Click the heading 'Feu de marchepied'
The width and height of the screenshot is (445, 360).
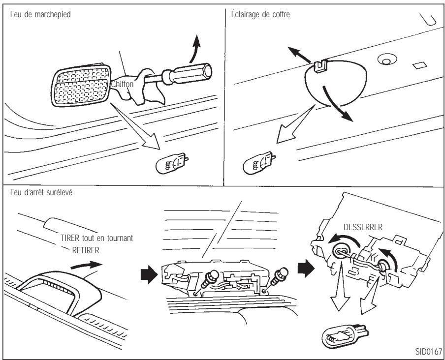click(40, 14)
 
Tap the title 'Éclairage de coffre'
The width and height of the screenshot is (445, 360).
click(260, 14)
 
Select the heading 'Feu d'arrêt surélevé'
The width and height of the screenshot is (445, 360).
click(41, 192)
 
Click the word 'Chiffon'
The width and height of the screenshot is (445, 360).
click(122, 84)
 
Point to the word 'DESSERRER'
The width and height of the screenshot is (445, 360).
click(363, 227)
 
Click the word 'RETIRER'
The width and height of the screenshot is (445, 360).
click(86, 250)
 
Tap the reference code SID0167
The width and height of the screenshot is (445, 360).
click(429, 352)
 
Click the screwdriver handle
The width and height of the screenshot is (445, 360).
click(191, 73)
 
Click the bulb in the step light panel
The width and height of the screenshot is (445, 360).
click(172, 164)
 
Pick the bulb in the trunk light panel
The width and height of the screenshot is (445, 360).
click(259, 163)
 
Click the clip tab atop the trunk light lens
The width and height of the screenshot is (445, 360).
click(321, 65)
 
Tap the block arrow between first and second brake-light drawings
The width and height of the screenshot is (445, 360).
click(149, 275)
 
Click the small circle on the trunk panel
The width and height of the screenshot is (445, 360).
click(386, 60)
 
